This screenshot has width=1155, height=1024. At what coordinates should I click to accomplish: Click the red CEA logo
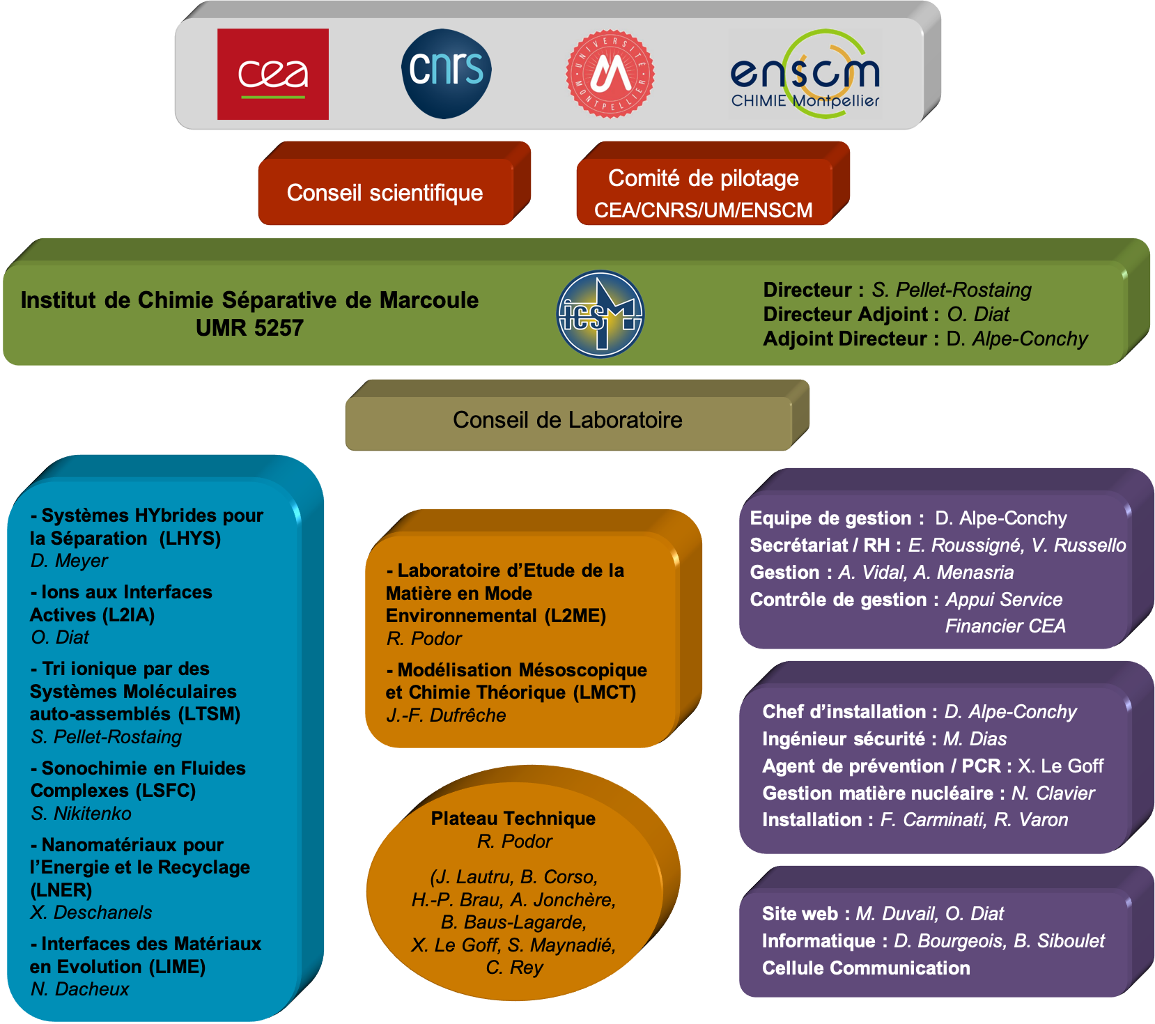(272, 74)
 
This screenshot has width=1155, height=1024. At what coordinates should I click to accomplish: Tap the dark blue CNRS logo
(447, 73)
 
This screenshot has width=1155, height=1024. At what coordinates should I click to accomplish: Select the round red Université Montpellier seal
(610, 73)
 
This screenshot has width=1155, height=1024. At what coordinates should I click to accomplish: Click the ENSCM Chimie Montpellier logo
(805, 74)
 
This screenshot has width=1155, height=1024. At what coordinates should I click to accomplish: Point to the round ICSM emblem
(600, 314)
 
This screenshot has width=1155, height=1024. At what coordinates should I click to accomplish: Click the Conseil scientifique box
(385, 192)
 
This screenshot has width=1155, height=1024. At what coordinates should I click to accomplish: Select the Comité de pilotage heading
(704, 178)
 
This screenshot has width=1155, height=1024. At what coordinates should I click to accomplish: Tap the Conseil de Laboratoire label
(568, 420)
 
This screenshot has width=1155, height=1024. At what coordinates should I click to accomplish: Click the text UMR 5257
(249, 327)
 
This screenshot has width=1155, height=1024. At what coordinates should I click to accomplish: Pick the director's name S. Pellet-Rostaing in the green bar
(952, 290)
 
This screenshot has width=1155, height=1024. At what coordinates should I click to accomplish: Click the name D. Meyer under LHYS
(69, 561)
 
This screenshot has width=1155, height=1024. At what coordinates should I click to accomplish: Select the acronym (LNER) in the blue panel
(61, 890)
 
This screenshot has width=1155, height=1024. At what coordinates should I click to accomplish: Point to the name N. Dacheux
(79, 989)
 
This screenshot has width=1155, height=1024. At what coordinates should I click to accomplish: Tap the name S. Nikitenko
(81, 814)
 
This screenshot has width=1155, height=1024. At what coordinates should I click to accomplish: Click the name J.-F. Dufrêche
(446, 715)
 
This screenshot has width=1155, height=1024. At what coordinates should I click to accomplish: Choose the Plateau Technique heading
(513, 819)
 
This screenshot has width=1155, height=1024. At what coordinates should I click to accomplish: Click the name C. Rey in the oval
(514, 968)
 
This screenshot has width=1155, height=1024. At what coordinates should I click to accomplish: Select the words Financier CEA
(1005, 626)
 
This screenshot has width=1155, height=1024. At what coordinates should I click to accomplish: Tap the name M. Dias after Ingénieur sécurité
(975, 739)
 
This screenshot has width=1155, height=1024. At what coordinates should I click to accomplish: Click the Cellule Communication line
(866, 968)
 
